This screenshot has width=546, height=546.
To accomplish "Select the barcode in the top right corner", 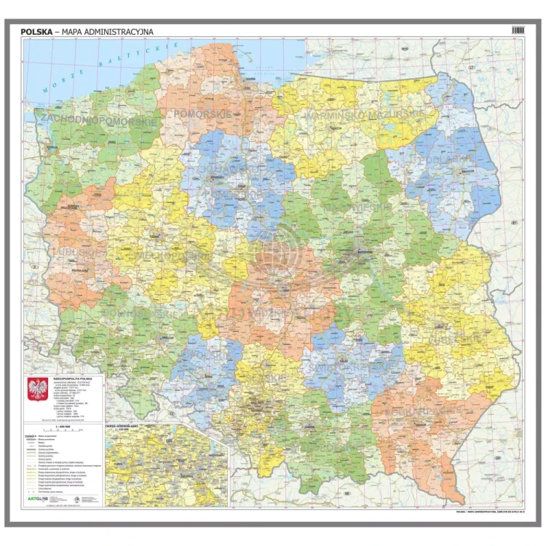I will point(518,30).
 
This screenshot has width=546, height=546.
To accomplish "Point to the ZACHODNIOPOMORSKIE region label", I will point(100,120).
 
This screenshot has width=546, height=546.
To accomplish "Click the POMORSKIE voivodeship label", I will point(202,114).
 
